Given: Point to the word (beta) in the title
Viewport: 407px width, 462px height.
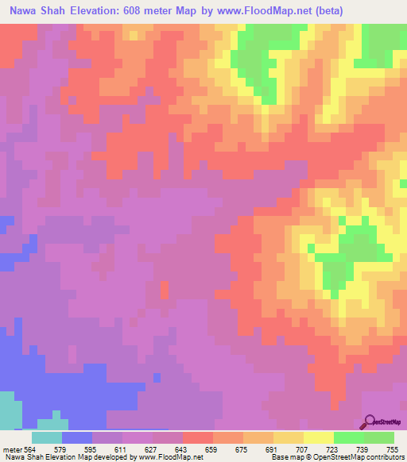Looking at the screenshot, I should pyautogui.click(x=379, y=11).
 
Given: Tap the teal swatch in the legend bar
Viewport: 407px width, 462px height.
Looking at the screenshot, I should pyautogui.click(x=47, y=437).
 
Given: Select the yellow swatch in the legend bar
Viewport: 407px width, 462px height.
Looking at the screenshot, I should pyautogui.click(x=319, y=437).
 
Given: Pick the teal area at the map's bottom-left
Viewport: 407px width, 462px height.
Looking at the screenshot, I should pyautogui.click(x=10, y=411).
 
